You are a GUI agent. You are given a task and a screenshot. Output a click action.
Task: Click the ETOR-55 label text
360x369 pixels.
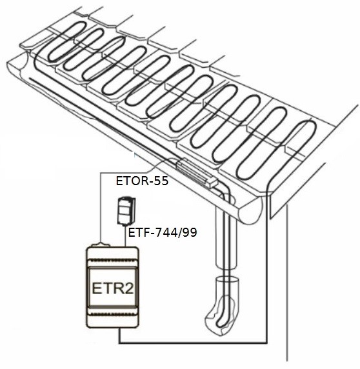click(x=142, y=181)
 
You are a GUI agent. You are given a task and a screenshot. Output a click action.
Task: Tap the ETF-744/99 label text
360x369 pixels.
click(x=163, y=233)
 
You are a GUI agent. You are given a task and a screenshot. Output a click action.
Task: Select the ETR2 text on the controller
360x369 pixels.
click(x=113, y=288)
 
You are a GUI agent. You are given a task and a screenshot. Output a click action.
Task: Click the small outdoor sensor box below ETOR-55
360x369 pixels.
click(x=126, y=211)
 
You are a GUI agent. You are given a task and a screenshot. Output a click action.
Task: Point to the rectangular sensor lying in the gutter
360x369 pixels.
click(x=197, y=173)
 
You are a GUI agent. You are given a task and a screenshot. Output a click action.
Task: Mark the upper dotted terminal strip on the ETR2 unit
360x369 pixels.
click(x=113, y=260)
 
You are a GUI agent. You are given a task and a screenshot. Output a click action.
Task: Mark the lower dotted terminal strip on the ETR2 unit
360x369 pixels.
click(x=113, y=314)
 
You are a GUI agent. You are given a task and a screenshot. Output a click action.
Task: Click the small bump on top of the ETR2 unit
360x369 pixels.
click(x=101, y=245)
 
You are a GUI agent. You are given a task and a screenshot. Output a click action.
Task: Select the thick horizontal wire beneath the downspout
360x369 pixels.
click(x=193, y=342)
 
